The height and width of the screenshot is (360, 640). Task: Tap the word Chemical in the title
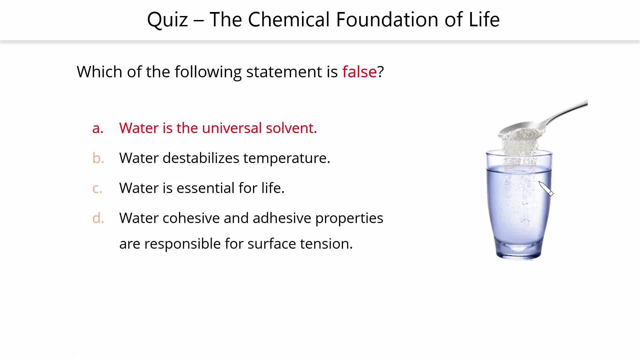click(x=289, y=19)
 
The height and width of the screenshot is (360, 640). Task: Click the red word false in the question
click(x=359, y=72)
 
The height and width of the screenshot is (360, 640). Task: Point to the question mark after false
click(x=381, y=72)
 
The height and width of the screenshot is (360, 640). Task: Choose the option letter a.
click(x=98, y=128)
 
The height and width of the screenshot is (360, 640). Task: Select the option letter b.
click(x=98, y=158)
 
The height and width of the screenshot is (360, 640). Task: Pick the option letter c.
click(x=97, y=188)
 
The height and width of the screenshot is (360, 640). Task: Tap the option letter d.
click(x=98, y=218)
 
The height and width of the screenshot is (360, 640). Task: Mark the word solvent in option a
click(x=291, y=128)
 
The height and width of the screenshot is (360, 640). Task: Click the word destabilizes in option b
click(x=201, y=158)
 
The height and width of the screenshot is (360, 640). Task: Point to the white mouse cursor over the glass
click(x=546, y=189)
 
